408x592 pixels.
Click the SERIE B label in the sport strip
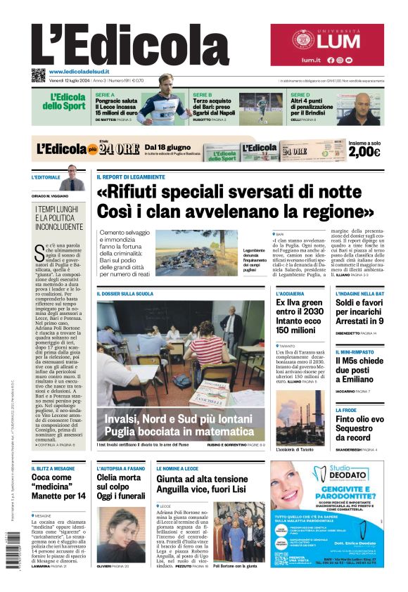pyautogui.click(x=202, y=94)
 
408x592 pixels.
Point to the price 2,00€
pyautogui.click(x=364, y=152)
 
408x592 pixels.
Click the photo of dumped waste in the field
pyautogui.click(x=196, y=252)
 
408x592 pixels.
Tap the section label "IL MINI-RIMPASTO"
pyautogui.click(x=358, y=352)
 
